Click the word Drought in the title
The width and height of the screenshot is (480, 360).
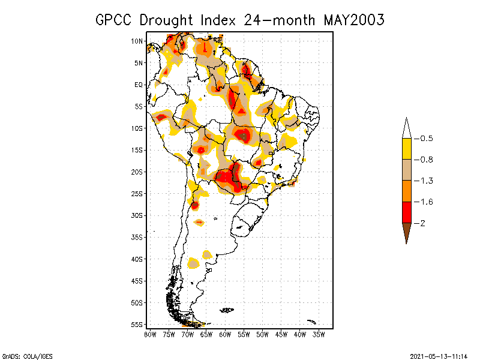coord(167,20)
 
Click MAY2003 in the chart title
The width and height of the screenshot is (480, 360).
coord(353,20)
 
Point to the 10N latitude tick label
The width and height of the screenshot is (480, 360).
coord(137,41)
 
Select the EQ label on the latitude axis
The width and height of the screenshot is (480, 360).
coord(138,85)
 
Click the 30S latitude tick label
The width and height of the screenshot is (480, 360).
coord(137,215)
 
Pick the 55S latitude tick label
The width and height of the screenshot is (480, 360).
coord(137,325)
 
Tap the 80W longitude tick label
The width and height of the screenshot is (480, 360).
coord(150,334)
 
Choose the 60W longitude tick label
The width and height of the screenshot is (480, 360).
coord(225,334)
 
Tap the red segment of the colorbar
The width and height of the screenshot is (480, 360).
coord(406,212)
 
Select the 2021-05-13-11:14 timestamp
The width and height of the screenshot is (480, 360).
coord(437,355)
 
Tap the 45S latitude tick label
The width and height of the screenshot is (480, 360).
coord(137,281)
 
